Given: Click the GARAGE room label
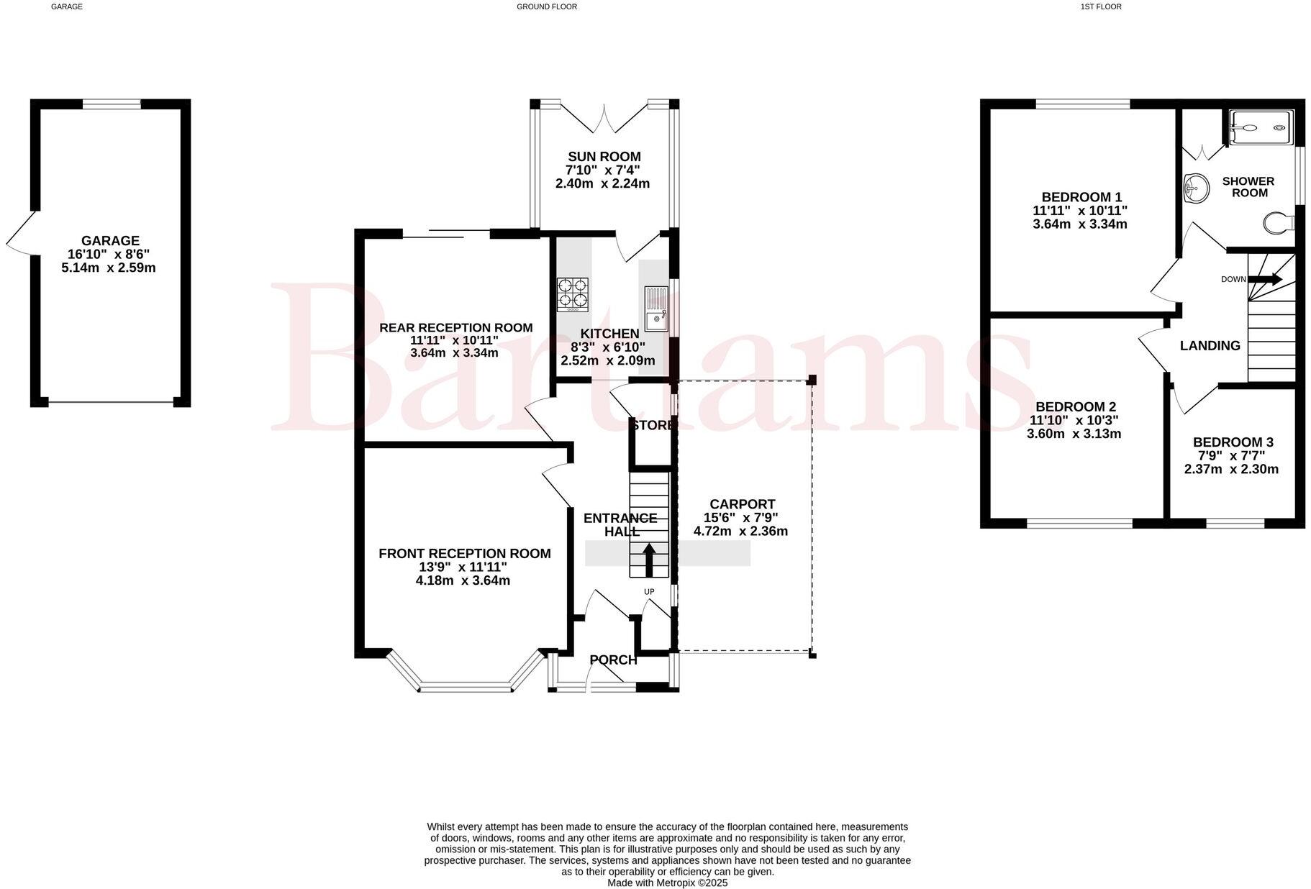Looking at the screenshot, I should pyautogui.click(x=109, y=240).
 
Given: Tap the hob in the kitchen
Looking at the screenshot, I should pyautogui.click(x=572, y=294).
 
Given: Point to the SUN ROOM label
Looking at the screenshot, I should pyautogui.click(x=604, y=156).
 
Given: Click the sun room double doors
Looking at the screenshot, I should pyautogui.click(x=604, y=119).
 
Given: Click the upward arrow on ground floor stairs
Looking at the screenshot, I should pyautogui.click(x=648, y=560).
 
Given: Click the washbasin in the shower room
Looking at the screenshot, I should pyautogui.click(x=1195, y=188).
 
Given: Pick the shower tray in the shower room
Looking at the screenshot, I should pyautogui.click(x=1261, y=128).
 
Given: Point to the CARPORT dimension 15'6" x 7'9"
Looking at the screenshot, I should pyautogui.click(x=740, y=517).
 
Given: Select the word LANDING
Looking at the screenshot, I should pyautogui.click(x=1210, y=345).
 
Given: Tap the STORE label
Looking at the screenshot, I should pyautogui.click(x=652, y=425).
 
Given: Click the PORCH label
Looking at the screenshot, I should pyautogui.click(x=613, y=660).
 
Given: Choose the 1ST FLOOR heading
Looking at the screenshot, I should pyautogui.click(x=1100, y=6).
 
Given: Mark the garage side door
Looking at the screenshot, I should pyautogui.click(x=20, y=232).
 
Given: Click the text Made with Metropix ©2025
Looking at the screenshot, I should pyautogui.click(x=667, y=883).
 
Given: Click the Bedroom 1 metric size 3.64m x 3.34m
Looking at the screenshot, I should pyautogui.click(x=1079, y=224).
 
